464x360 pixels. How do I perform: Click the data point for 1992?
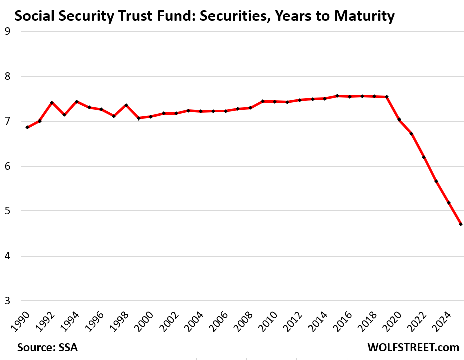[x=52, y=103]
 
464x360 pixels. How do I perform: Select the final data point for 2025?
[x=461, y=224]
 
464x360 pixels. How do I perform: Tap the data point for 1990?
[x=27, y=127]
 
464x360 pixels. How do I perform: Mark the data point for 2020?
[x=399, y=119]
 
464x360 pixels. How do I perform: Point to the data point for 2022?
[x=424, y=157]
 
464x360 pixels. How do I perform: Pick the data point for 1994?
[x=77, y=102]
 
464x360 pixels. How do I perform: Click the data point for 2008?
[x=250, y=108]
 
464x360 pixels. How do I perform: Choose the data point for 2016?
[x=349, y=96]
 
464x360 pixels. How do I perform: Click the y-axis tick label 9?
[x=7, y=31]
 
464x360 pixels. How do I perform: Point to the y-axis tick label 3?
[x=7, y=301]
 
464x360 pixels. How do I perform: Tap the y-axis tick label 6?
[x=7, y=166]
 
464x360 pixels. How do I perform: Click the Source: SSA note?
[x=47, y=347]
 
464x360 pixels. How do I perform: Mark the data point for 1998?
[x=126, y=105]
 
